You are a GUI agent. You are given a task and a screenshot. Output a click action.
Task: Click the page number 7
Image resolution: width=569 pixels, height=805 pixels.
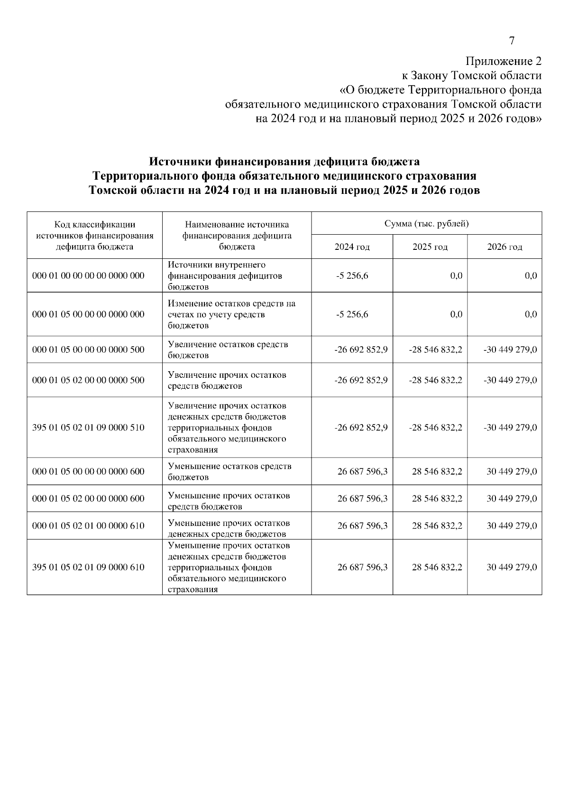(x=512, y=41)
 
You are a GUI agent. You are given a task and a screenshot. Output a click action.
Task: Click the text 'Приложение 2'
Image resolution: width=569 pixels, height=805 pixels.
(x=503, y=61)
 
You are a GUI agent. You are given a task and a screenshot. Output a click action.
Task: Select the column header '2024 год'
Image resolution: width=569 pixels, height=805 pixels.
(x=352, y=247)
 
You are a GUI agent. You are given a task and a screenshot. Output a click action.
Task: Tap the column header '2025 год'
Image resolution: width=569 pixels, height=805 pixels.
(x=430, y=247)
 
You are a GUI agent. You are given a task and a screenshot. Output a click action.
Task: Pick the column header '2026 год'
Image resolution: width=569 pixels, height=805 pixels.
(x=504, y=247)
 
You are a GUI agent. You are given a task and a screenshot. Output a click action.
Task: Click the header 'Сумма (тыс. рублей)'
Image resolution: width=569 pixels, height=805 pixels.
(x=426, y=224)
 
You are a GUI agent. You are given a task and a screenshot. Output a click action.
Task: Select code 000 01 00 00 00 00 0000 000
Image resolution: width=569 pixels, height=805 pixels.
(x=88, y=275)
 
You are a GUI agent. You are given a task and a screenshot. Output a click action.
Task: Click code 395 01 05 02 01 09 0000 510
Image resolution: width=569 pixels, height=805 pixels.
(x=88, y=428)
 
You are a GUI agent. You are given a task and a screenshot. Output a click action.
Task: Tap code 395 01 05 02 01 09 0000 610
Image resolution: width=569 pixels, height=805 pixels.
(x=88, y=567)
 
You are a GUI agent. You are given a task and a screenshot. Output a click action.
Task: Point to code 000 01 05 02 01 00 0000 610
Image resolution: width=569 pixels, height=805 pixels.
(x=88, y=526)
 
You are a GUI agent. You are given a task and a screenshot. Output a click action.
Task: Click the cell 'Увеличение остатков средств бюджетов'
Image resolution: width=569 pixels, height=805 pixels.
(x=228, y=350)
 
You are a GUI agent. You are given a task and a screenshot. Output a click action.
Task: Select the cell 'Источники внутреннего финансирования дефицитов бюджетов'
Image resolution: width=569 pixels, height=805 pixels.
(x=225, y=275)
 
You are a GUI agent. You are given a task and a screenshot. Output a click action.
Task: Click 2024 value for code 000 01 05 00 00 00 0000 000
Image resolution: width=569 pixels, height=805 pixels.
(x=352, y=314)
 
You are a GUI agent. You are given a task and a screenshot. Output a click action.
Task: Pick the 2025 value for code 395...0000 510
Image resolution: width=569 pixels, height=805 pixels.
(x=435, y=428)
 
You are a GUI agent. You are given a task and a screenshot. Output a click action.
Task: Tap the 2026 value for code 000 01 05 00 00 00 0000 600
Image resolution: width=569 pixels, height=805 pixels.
(x=511, y=472)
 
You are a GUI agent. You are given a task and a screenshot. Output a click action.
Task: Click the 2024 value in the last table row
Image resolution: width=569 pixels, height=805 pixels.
(x=362, y=567)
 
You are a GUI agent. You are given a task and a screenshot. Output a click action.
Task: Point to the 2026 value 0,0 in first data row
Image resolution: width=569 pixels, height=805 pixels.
(x=531, y=276)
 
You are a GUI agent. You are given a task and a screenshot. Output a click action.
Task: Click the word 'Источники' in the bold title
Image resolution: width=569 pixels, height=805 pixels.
(x=181, y=162)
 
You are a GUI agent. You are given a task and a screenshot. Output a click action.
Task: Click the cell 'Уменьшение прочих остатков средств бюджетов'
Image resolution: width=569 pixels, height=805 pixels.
(x=229, y=501)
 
